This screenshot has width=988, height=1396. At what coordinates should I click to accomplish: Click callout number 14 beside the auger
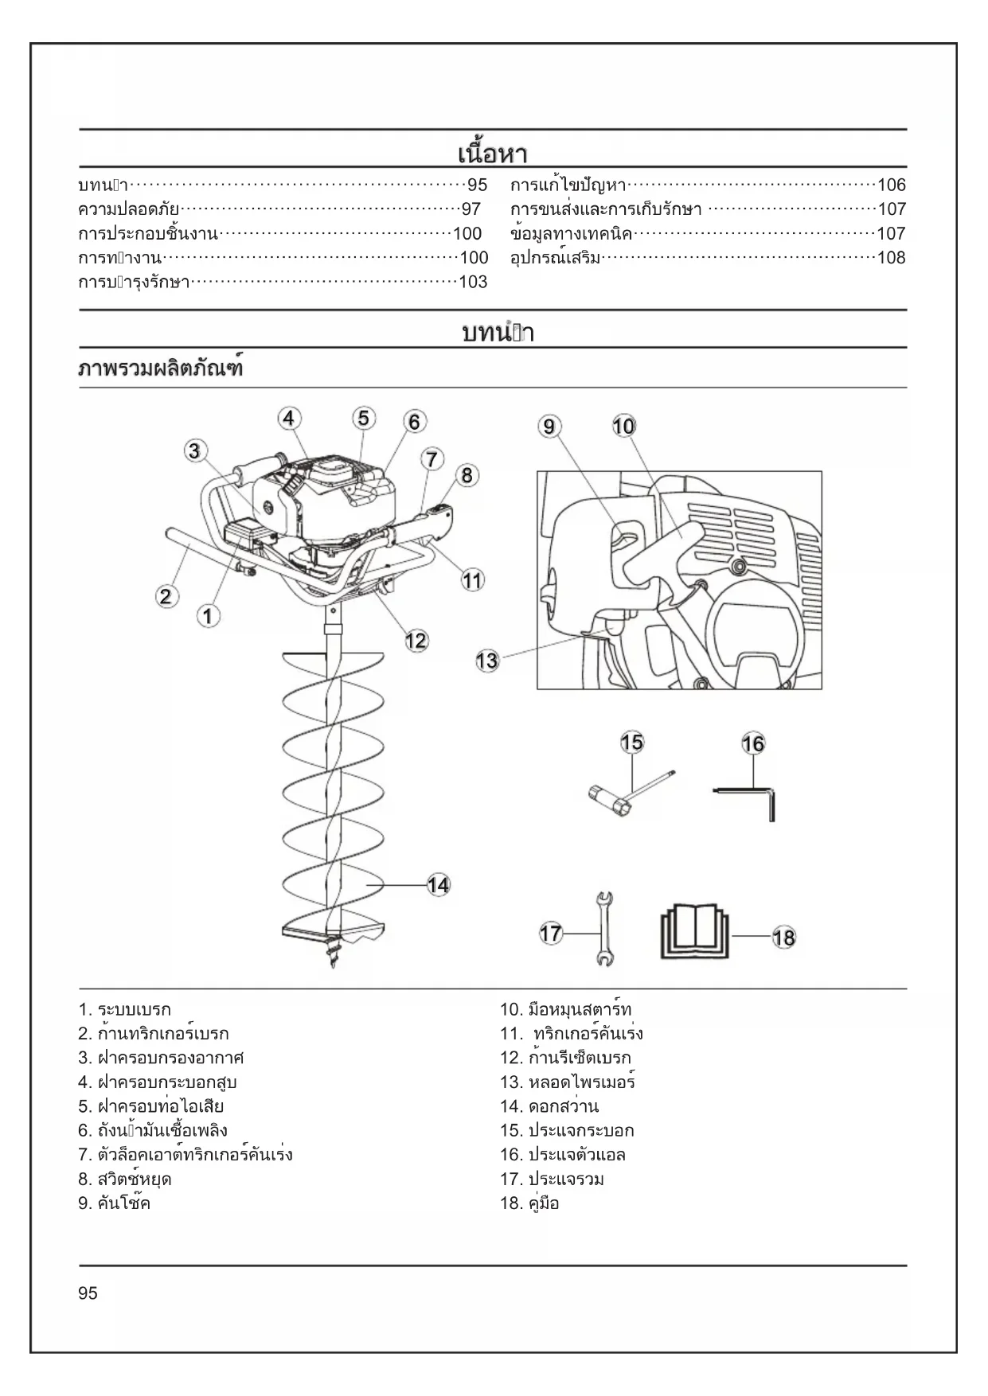click(x=439, y=884)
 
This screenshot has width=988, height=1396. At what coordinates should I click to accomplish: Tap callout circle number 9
click(x=549, y=427)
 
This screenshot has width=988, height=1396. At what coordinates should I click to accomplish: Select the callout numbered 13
click(x=487, y=660)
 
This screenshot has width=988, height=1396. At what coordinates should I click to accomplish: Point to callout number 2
click(x=166, y=596)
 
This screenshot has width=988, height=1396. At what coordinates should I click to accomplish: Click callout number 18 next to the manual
click(x=783, y=938)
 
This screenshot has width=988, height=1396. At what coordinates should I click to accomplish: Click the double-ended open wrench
click(x=604, y=928)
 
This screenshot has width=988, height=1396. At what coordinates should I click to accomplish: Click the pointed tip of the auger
click(x=334, y=962)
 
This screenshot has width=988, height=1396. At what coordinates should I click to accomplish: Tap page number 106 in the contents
click(x=892, y=185)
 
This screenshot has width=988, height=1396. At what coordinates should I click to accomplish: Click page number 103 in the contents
click(x=473, y=282)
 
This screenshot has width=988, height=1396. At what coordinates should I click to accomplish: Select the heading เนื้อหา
click(x=493, y=153)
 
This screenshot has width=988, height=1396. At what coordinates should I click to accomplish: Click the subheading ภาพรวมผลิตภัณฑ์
click(x=160, y=369)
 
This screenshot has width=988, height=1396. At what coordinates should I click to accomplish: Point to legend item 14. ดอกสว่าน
click(x=549, y=1106)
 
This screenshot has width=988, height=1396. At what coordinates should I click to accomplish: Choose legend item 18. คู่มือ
click(x=529, y=1203)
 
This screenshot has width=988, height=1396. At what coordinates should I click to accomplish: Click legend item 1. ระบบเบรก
click(x=125, y=1010)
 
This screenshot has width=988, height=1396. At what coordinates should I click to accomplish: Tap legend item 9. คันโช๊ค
click(x=115, y=1203)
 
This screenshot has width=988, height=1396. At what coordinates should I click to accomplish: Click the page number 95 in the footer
click(x=88, y=1293)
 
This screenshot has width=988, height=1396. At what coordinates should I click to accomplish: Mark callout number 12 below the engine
click(x=416, y=641)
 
